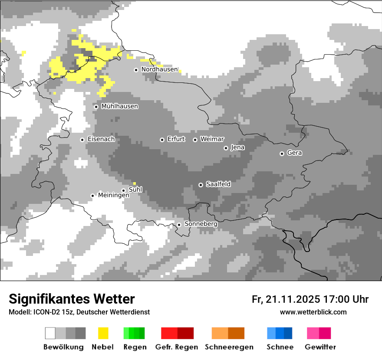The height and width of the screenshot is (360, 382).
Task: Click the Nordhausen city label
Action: pyautogui.click(x=159, y=69)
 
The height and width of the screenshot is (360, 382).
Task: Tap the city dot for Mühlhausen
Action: pyautogui.click(x=96, y=107)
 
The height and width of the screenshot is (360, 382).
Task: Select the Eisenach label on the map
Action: pyautogui.click(x=101, y=139)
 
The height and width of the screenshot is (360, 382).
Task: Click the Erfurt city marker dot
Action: pyautogui.click(x=162, y=140)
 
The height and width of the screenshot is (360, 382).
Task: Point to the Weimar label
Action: pyautogui.click(x=212, y=139)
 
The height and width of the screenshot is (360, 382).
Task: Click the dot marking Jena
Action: pyautogui.click(x=226, y=148)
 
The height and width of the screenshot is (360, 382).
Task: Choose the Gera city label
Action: pyautogui.click(x=294, y=153)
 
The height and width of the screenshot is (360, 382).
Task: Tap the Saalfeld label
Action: pyautogui.click(x=218, y=184)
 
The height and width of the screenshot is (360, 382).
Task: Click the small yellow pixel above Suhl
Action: pyautogui.click(x=135, y=183)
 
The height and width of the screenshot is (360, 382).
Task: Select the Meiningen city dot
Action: pyautogui.click(x=92, y=196)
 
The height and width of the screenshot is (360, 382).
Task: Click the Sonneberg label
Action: pyautogui.click(x=201, y=224)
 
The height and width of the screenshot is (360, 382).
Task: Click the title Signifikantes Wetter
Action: pyautogui.click(x=72, y=299)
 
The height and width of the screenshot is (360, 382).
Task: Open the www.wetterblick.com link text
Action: pyautogui.click(x=313, y=312)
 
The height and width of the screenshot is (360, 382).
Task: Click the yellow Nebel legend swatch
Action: pyautogui.click(x=103, y=333)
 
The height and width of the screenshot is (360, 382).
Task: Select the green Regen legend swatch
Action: pyautogui.click(x=134, y=333)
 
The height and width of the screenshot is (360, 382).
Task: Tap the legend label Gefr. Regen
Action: pyautogui.click(x=176, y=347)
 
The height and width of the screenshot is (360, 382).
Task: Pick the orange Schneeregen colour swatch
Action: pyautogui.click(x=228, y=333)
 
